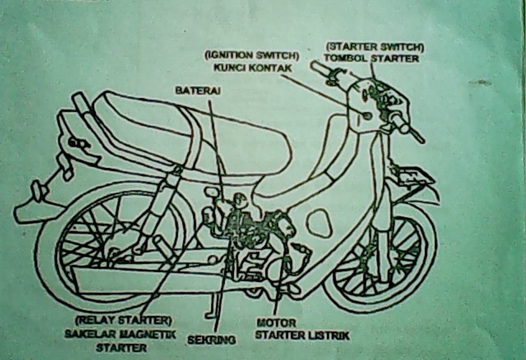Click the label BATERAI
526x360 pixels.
(198, 91)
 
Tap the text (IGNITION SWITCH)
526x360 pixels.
(252, 55)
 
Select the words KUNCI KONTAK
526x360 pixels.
(252, 68)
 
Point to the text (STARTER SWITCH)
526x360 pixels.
(374, 46)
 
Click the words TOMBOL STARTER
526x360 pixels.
(371, 58)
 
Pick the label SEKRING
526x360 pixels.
(212, 340)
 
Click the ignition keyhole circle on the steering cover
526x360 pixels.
(367, 116)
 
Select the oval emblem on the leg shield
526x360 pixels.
(319, 223)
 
